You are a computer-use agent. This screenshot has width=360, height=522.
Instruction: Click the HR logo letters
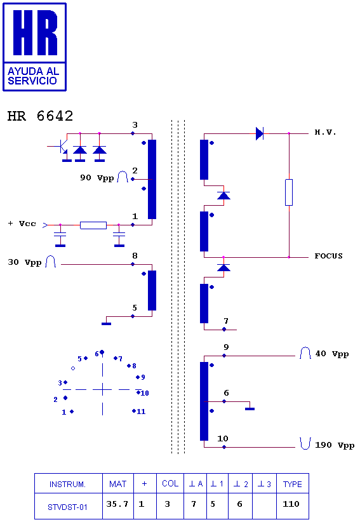35,32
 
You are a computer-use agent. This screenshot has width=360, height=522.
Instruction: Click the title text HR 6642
40,116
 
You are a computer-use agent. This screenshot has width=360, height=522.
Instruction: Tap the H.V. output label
325,133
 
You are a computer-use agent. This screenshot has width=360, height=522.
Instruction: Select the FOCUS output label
328,256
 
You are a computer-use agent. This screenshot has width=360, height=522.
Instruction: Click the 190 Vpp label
335,445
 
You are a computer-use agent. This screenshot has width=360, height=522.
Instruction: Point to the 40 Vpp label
331,354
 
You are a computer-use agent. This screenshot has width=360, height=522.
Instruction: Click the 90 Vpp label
97,178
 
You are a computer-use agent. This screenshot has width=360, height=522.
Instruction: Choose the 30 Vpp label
25,263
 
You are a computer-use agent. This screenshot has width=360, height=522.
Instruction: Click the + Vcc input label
22,224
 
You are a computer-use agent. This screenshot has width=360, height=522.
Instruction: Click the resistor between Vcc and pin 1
93,225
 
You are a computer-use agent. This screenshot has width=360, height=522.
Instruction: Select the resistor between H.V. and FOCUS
289,192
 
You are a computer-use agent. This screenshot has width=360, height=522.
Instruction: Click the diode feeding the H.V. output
260,133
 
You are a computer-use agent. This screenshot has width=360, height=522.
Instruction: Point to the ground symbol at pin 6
250,408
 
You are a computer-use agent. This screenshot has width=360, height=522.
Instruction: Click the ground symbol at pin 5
107,323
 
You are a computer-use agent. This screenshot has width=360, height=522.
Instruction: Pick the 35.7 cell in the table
117,504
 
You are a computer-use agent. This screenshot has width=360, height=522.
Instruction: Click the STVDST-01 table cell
67,507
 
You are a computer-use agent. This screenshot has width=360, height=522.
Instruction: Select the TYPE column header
293,484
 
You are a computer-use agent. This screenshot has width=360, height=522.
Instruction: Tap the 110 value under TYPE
291,504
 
